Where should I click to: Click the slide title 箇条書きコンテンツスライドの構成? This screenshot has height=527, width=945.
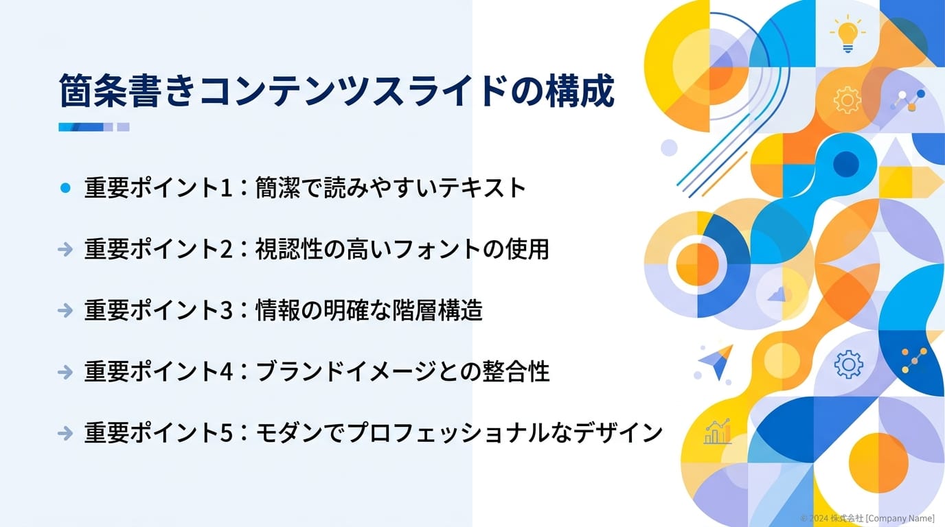[336, 91]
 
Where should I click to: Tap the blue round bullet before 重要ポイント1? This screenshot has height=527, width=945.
[65, 188]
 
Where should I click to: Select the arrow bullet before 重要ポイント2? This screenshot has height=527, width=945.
[65, 250]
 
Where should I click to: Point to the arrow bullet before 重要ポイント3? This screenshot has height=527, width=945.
[65, 311]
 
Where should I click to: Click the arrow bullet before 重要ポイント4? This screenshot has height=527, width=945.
[65, 372]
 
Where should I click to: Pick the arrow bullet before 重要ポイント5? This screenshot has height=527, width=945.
[65, 433]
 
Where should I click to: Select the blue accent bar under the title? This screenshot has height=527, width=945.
[93, 127]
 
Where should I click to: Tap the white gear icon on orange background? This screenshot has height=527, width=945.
[847, 100]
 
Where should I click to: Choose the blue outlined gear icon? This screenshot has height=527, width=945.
[848, 364]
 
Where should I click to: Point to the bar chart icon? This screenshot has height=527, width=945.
[718, 432]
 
